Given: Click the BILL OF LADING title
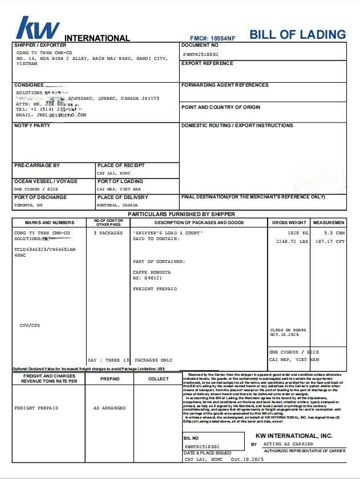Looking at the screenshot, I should (298, 34).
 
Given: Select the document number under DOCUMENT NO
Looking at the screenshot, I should (201, 54).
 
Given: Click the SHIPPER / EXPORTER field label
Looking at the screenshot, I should (40, 45).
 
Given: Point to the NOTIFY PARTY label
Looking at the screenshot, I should (32, 125).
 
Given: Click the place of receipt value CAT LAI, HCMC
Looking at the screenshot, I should (114, 173).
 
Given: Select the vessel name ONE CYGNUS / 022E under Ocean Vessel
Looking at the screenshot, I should (36, 189).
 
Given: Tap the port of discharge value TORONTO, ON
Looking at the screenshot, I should (29, 205).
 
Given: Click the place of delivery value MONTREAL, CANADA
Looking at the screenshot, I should (118, 205).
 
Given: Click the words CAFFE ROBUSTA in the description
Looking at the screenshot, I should (152, 272).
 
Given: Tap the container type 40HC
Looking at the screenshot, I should (20, 255).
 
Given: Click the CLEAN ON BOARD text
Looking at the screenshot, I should (288, 330).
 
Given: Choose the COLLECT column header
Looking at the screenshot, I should (159, 379).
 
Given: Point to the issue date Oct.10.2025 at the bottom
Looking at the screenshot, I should (247, 459).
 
